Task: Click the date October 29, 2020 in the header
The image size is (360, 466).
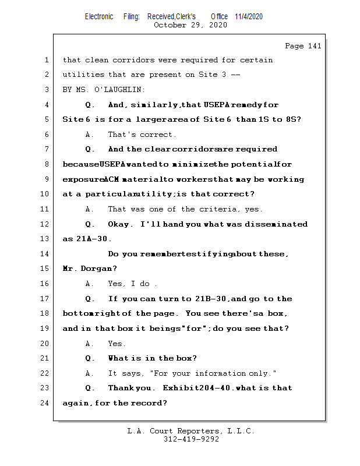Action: tap(190, 25)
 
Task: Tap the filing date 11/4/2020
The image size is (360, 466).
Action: tap(249, 16)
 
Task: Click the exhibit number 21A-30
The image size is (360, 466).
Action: tap(94, 239)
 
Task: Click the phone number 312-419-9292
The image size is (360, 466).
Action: tap(191, 440)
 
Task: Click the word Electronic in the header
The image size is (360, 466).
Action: tap(99, 16)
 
